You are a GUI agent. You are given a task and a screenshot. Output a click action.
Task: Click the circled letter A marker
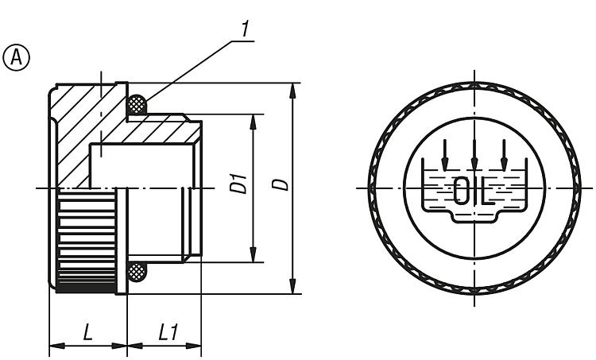16,58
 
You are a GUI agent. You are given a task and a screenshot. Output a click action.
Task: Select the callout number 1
246,29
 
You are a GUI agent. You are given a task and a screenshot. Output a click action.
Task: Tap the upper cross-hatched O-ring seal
137,104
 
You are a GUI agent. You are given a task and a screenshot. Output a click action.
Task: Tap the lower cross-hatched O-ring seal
137,272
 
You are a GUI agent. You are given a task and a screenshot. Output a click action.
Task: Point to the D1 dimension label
239,184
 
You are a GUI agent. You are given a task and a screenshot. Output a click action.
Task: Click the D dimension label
281,184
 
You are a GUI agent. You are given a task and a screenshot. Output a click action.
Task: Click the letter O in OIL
462,190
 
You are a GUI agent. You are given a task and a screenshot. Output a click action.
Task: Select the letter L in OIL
487,190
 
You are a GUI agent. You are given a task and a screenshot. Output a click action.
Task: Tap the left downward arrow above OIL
445,155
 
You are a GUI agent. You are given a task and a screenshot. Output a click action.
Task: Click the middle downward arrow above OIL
474,155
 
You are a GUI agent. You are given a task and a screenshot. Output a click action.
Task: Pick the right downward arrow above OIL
504,155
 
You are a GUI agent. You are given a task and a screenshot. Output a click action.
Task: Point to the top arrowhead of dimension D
292,91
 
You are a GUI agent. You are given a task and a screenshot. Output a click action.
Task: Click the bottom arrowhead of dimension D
292,286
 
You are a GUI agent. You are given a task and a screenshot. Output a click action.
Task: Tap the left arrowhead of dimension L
58,346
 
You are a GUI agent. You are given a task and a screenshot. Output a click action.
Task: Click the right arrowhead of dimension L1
193,346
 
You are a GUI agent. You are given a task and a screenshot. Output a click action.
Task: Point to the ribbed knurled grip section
87,240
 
